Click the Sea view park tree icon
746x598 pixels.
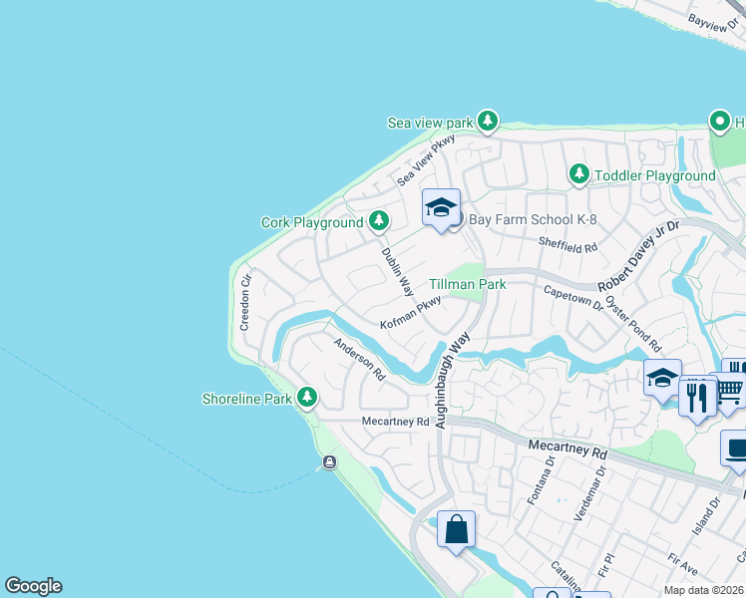[487, 122]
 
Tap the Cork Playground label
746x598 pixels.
[311, 222]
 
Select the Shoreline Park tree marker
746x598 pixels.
[307, 399]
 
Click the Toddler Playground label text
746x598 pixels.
[654, 175]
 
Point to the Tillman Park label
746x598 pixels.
[468, 284]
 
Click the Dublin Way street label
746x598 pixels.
[396, 271]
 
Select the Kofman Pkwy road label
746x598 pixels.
[411, 316]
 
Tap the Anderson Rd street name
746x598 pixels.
[359, 361]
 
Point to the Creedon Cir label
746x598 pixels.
[245, 302]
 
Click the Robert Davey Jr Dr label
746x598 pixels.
[638, 257]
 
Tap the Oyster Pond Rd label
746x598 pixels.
[632, 318]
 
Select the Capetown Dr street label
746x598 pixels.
[573, 298]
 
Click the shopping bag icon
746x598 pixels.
[456, 530]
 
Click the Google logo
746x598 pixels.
[33, 586]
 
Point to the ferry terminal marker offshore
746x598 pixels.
[329, 462]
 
